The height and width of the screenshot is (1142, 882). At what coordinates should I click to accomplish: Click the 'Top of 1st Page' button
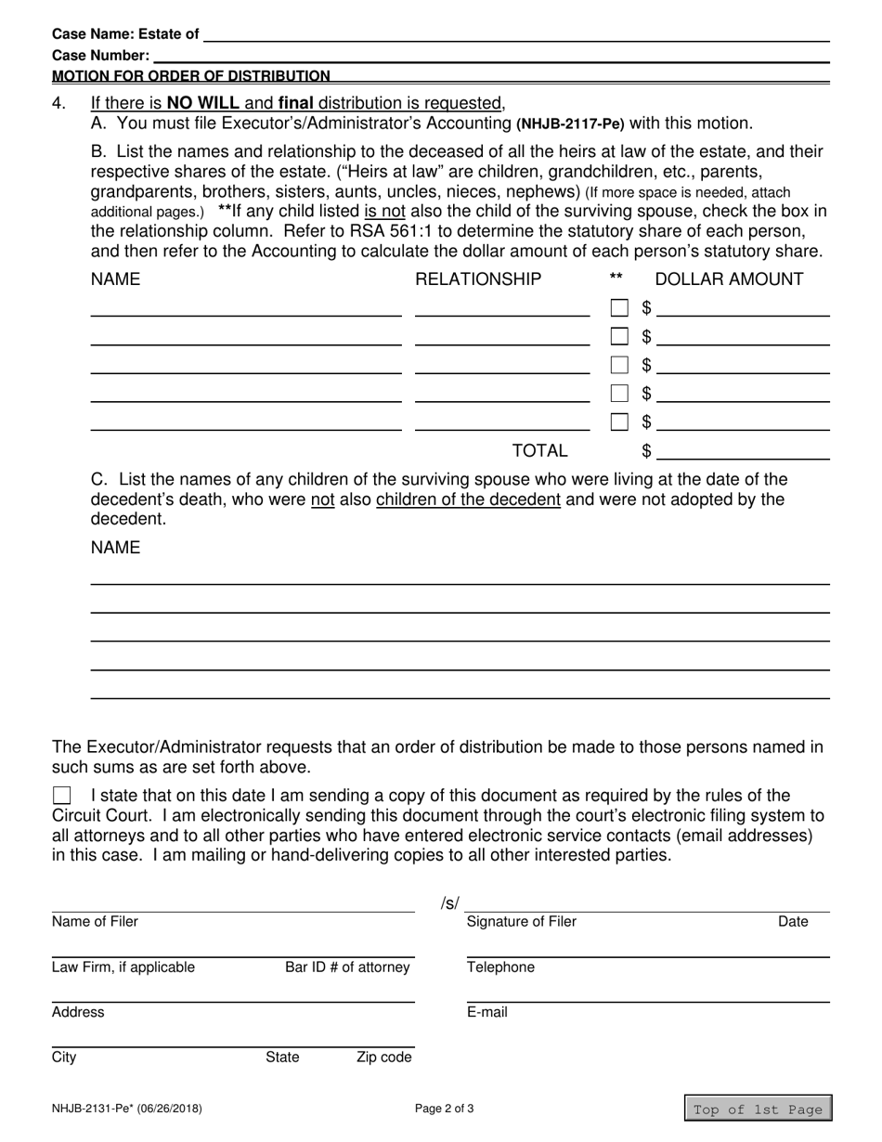click(758, 1109)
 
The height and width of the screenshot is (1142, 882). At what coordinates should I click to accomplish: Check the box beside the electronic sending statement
click(62, 795)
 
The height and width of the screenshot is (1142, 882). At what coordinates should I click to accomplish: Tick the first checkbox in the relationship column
click(619, 307)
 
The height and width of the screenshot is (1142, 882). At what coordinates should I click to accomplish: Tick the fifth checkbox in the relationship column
click(619, 422)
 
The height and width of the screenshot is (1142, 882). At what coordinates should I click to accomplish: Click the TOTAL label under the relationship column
click(539, 451)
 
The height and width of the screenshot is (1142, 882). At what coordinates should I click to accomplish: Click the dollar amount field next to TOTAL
click(743, 451)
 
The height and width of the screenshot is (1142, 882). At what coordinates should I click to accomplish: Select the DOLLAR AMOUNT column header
click(729, 279)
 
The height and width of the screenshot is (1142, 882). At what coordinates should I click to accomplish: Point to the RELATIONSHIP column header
click(478, 279)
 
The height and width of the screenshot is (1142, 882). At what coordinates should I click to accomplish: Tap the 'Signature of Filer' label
click(521, 922)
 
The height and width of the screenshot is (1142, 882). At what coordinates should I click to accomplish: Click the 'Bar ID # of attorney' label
click(347, 967)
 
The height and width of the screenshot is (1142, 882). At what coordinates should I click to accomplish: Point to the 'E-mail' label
click(487, 1012)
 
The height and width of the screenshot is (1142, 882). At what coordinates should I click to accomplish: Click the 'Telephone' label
click(500, 967)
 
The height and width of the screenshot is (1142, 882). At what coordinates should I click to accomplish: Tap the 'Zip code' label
click(383, 1057)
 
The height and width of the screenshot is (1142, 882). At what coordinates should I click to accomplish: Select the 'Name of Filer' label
click(95, 922)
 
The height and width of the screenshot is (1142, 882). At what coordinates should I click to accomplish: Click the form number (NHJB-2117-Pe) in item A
click(570, 123)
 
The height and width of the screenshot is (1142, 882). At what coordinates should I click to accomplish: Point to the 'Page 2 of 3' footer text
click(444, 1108)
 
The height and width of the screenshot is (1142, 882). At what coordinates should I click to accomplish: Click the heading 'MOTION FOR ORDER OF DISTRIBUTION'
click(190, 76)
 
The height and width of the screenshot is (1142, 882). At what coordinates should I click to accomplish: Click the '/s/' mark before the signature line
click(449, 903)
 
